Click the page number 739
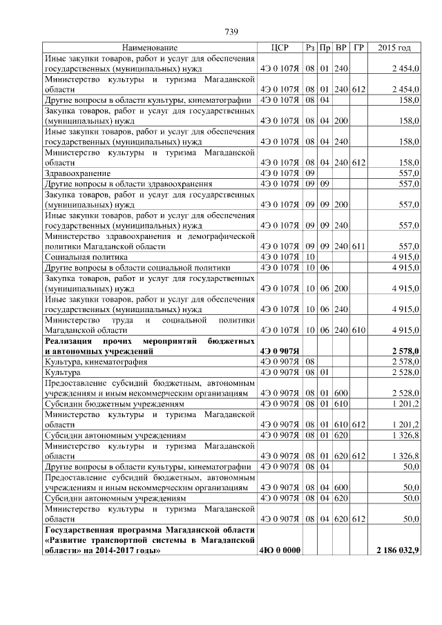231,31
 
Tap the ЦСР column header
279,48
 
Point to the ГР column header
358,48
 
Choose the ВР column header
340,48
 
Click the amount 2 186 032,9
398,551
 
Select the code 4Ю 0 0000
279,551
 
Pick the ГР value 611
358,246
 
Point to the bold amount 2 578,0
405,351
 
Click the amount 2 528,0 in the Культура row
405,372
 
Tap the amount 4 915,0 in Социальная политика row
405,256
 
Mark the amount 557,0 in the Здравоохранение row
407,173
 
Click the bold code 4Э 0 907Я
279,351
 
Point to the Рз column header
310,48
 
